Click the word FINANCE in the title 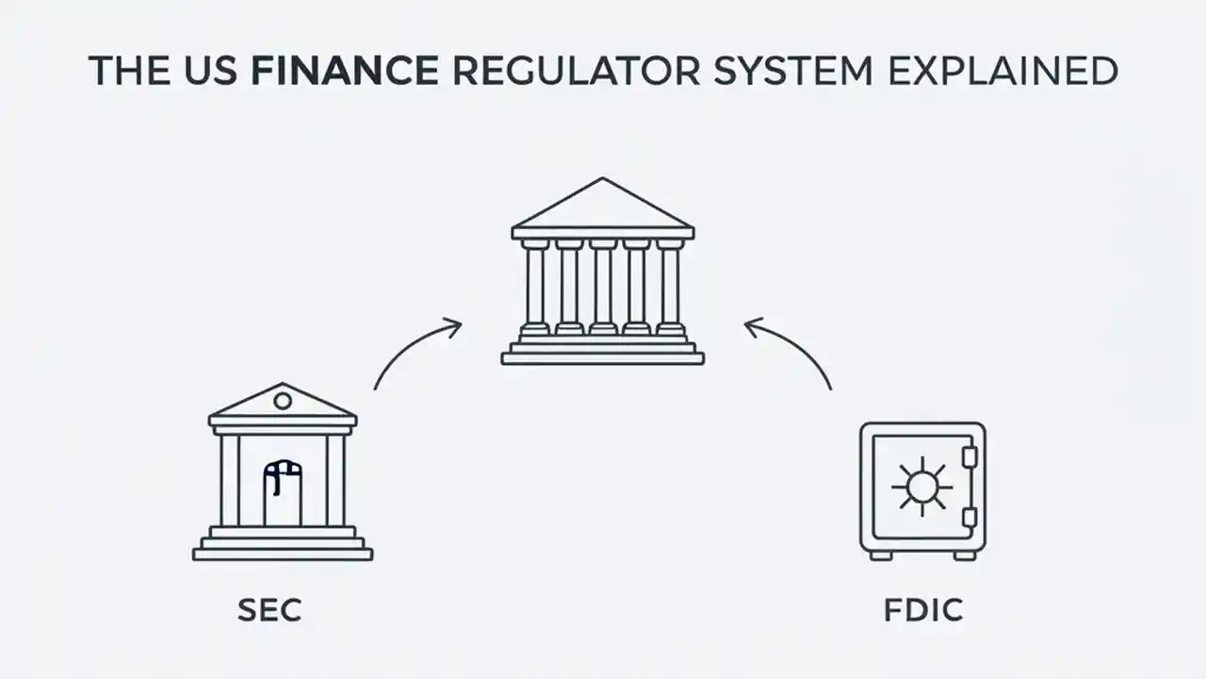[x=344, y=72]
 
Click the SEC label [x=269, y=610]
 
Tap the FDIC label [x=923, y=610]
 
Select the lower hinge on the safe [x=969, y=517]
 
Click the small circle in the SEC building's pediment [x=283, y=402]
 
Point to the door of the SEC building [x=283, y=494]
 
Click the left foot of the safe [x=881, y=555]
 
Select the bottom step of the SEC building [x=283, y=555]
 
